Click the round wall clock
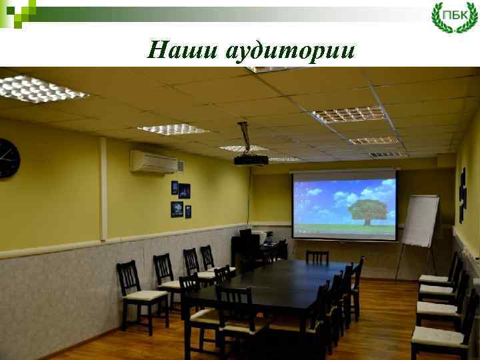click(x=8, y=158)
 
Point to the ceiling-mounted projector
click(x=251, y=159)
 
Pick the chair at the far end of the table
click(x=317, y=257)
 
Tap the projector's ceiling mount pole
click(x=244, y=137)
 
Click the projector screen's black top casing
click(x=343, y=173)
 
